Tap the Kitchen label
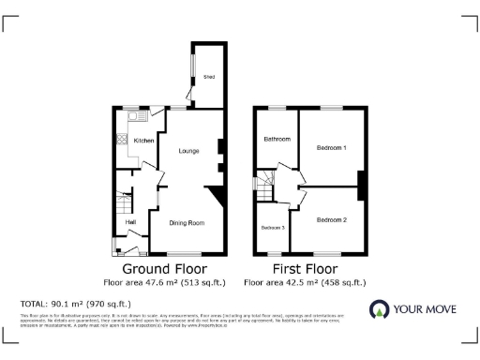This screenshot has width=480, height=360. (x=143, y=141)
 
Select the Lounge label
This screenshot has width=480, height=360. (x=188, y=151)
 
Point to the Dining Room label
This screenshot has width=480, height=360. (x=186, y=223)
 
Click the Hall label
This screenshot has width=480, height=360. (x=131, y=221)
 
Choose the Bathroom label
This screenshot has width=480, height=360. (x=277, y=140)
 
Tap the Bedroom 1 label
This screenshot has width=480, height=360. (x=331, y=148)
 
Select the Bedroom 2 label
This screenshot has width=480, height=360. (x=331, y=219)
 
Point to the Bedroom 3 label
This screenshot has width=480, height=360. (x=273, y=228)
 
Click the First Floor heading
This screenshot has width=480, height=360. (x=305, y=268)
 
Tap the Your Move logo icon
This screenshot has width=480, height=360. (x=379, y=310)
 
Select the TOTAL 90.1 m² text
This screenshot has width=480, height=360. (x=76, y=304)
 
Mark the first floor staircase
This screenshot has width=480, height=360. (x=265, y=187)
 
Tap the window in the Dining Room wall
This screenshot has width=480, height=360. (x=184, y=253)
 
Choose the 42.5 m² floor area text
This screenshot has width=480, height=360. (x=305, y=281)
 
